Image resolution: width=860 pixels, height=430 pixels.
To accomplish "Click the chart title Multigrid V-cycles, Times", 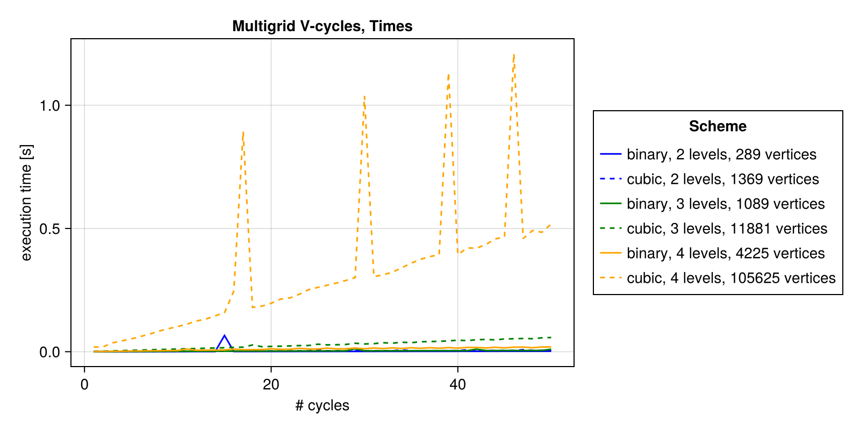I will click(322, 26).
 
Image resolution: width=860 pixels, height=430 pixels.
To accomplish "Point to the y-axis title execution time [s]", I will click(26, 203).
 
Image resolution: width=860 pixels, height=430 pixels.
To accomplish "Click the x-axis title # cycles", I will click(322, 405).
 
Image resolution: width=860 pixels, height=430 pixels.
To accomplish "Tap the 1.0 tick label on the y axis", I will click(49, 106).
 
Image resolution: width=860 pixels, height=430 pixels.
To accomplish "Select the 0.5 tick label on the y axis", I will click(49, 229).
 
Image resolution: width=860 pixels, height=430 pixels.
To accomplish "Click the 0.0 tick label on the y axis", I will click(49, 353).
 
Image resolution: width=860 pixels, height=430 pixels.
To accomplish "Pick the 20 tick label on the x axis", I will click(271, 385).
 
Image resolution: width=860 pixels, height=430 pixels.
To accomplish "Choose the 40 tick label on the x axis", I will click(457, 385).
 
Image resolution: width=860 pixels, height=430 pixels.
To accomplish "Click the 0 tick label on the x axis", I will click(84, 385).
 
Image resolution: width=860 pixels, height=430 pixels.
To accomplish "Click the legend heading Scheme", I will click(718, 126).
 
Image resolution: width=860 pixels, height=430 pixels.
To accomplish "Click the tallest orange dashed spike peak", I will click(514, 55).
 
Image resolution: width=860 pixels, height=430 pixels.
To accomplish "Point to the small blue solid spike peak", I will click(225, 335).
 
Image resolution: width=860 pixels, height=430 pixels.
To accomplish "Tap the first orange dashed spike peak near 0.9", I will click(243, 132).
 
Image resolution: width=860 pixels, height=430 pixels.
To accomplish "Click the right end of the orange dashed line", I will click(550, 225).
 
